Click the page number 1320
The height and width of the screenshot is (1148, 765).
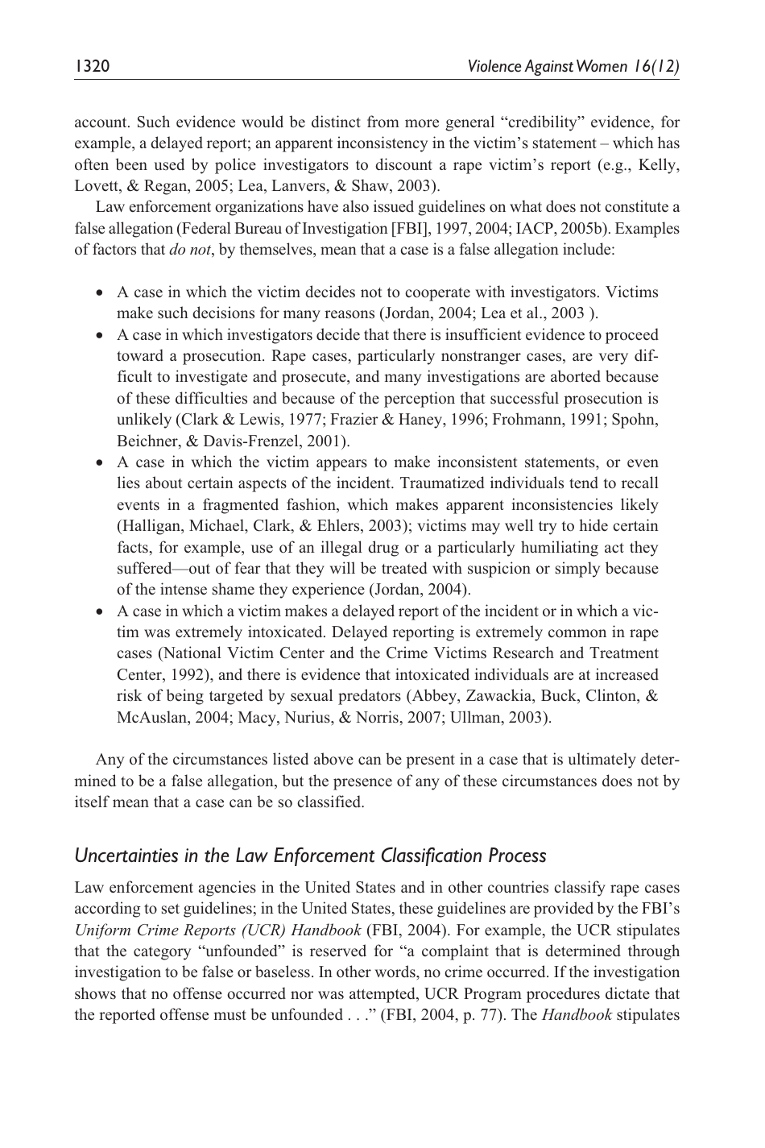[92, 66]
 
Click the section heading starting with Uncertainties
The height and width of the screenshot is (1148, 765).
[310, 856]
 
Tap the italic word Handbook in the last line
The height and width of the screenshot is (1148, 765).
[574, 1015]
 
